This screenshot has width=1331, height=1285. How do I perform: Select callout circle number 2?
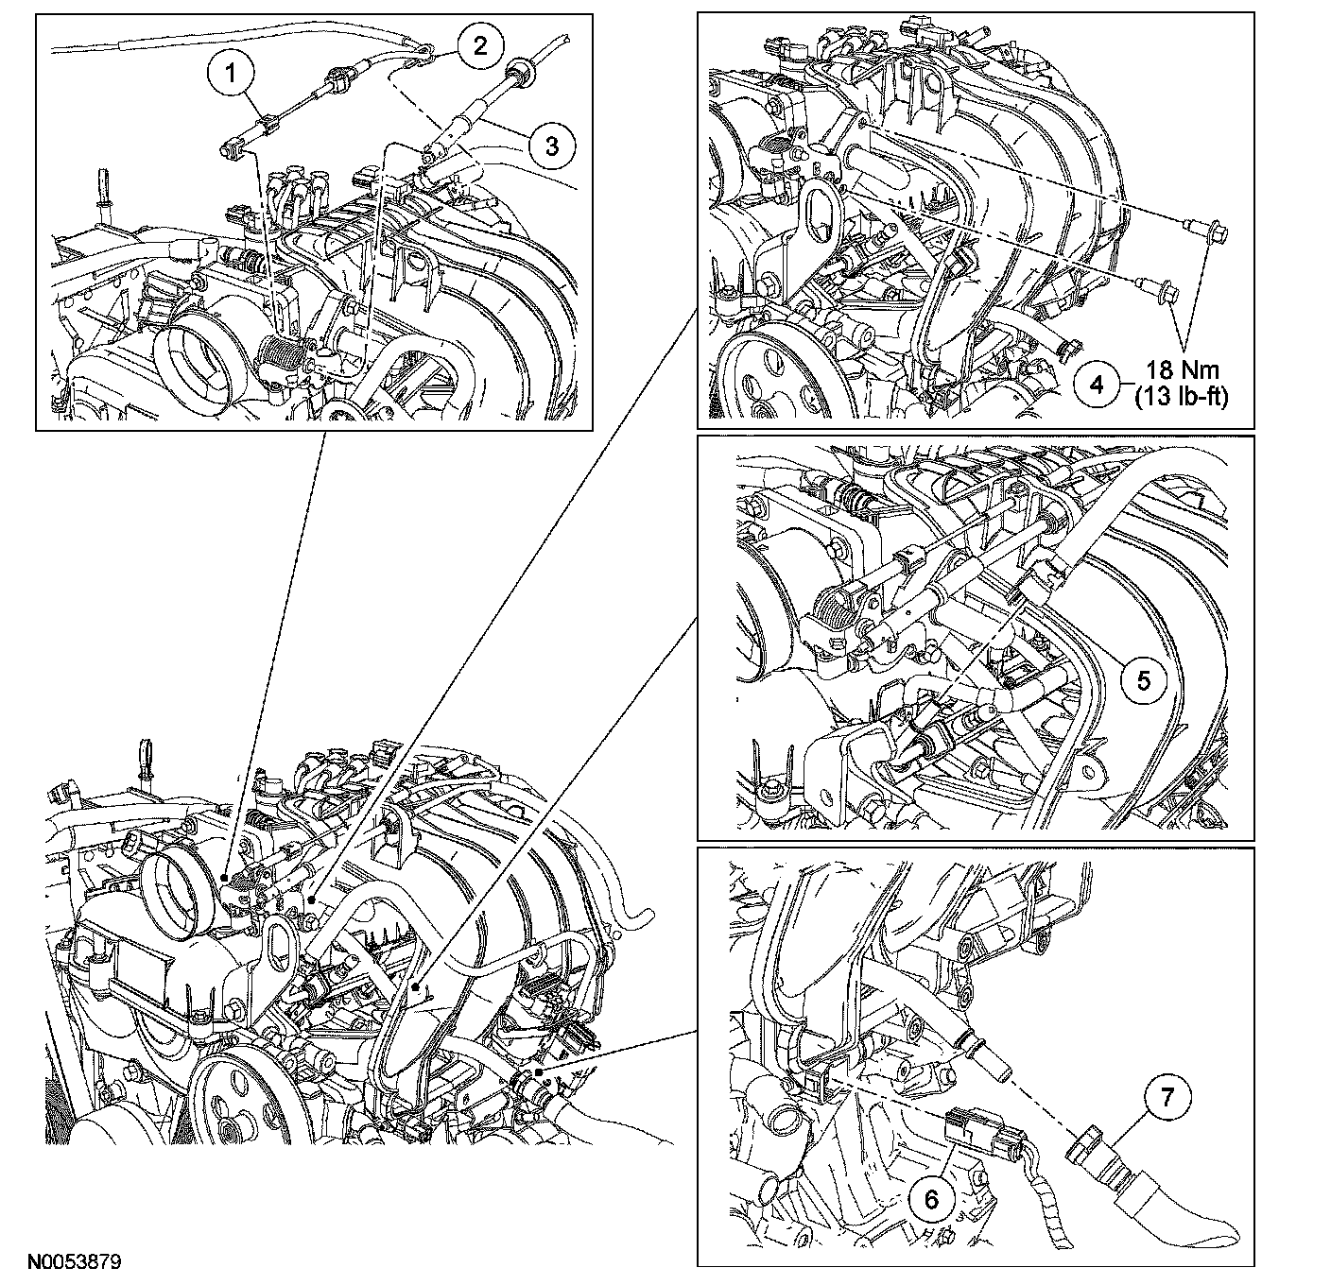click(x=480, y=45)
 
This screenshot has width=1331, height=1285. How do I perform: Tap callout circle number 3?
click(x=552, y=145)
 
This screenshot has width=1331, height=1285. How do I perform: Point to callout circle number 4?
click(x=1098, y=385)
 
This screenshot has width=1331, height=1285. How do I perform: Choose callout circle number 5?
click(x=1144, y=679)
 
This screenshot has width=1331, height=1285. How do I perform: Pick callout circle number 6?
click(x=931, y=1198)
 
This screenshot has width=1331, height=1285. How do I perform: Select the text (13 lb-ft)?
click(x=1181, y=397)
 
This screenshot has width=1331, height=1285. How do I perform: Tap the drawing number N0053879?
click(x=73, y=1261)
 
